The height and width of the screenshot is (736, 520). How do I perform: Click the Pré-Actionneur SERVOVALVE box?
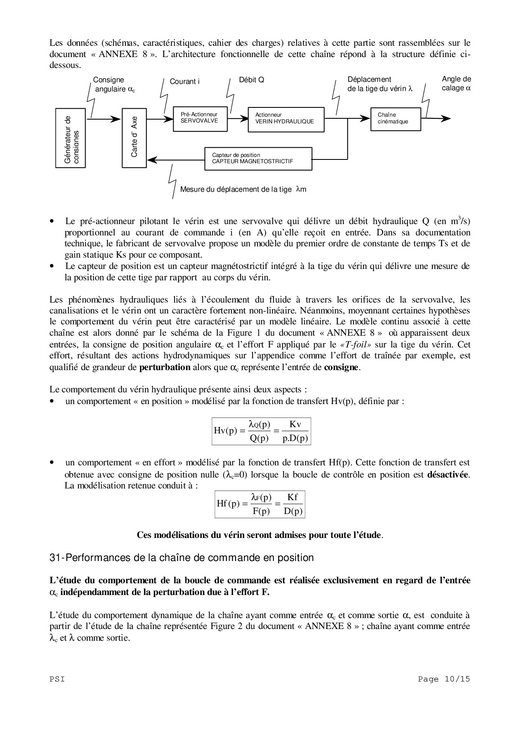coord(199,119)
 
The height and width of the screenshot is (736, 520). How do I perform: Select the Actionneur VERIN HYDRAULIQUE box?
coord(286,120)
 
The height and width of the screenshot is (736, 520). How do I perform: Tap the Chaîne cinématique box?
coord(395,119)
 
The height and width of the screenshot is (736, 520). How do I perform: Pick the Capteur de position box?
coord(258,159)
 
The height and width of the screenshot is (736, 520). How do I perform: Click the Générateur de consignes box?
coord(70,138)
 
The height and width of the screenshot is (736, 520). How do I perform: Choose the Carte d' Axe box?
coord(134,138)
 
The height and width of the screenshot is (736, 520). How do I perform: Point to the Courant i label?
coord(185,81)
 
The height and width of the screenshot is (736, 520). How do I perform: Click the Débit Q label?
coord(251,80)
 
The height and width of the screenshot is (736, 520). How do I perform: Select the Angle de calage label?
coord(456,84)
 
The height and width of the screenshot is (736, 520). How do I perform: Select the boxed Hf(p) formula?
coord(260,504)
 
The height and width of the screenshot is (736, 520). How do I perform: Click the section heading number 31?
coord(55,558)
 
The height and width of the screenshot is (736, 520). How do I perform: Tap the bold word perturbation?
coord(164,367)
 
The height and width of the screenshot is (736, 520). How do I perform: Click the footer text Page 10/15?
coord(444,679)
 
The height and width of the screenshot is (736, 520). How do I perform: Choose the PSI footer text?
coord(57,679)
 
